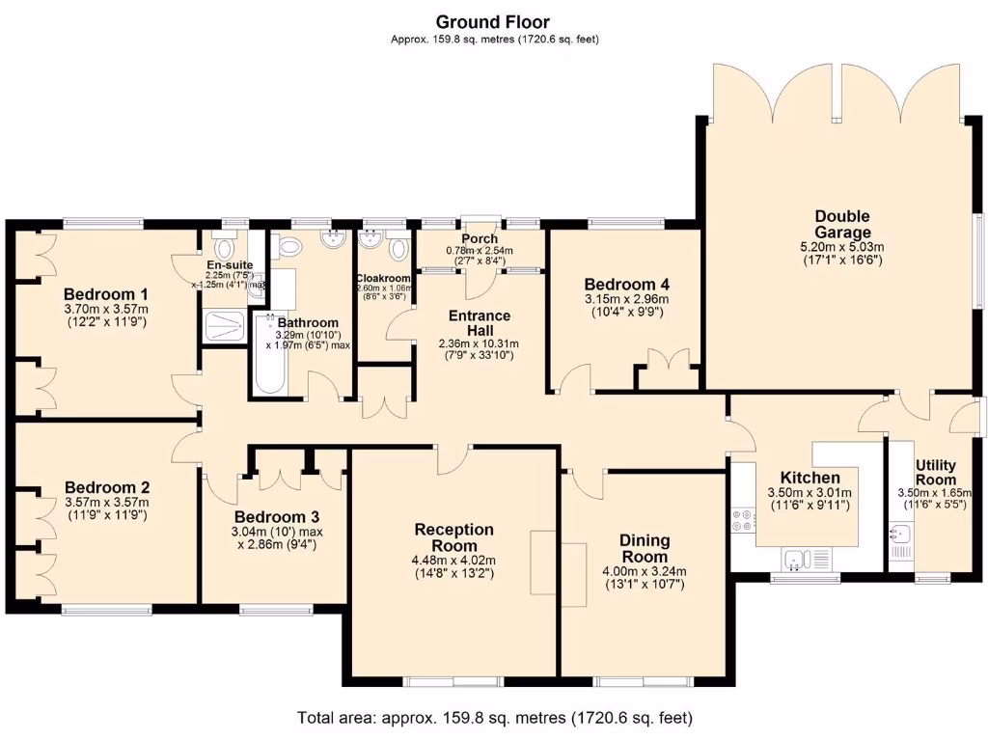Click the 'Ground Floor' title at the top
tap(493, 21)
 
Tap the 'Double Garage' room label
tap(841, 224)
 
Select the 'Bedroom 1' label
tap(105, 294)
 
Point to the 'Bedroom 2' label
tap(106, 487)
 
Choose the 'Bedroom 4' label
tap(626, 285)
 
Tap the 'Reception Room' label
tap(453, 537)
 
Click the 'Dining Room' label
tap(644, 549)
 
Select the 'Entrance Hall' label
tap(479, 323)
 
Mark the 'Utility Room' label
tap(935, 473)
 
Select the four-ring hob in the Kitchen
tap(744, 521)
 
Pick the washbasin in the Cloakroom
tap(370, 243)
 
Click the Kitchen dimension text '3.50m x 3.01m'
tap(810, 492)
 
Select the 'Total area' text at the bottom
tap(493, 718)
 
